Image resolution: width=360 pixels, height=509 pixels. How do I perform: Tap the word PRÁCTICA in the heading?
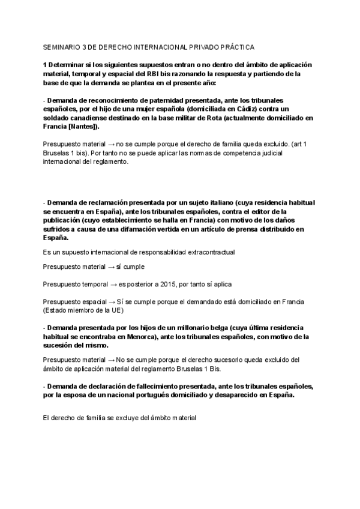pyautogui.click(x=237, y=46)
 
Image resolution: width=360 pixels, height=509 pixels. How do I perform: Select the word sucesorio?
pyautogui.click(x=205, y=360)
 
